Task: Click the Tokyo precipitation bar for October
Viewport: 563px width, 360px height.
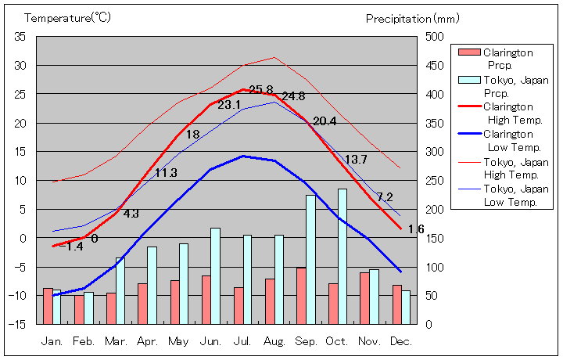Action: (x=342, y=256)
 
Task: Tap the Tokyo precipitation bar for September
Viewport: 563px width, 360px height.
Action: (x=310, y=259)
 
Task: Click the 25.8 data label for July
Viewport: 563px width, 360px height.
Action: (x=261, y=90)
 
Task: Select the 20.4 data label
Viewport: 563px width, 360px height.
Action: (x=324, y=121)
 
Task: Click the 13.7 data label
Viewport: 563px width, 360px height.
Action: (x=356, y=160)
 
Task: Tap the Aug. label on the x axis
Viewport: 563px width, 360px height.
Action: (x=274, y=341)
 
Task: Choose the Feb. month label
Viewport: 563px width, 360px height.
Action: (x=84, y=341)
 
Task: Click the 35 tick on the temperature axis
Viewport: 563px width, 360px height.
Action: (x=20, y=37)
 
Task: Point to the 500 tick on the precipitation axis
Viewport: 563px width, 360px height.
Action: (x=435, y=37)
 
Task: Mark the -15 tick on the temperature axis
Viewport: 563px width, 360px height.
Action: (x=18, y=323)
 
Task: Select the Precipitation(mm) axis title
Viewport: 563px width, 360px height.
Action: (x=409, y=17)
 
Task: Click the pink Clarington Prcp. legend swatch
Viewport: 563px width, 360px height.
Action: (x=468, y=52)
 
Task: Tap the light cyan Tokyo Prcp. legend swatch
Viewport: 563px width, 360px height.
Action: (x=468, y=80)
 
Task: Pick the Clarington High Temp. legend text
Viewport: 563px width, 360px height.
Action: (x=511, y=113)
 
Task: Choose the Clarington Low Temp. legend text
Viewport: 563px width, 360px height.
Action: (x=511, y=140)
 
